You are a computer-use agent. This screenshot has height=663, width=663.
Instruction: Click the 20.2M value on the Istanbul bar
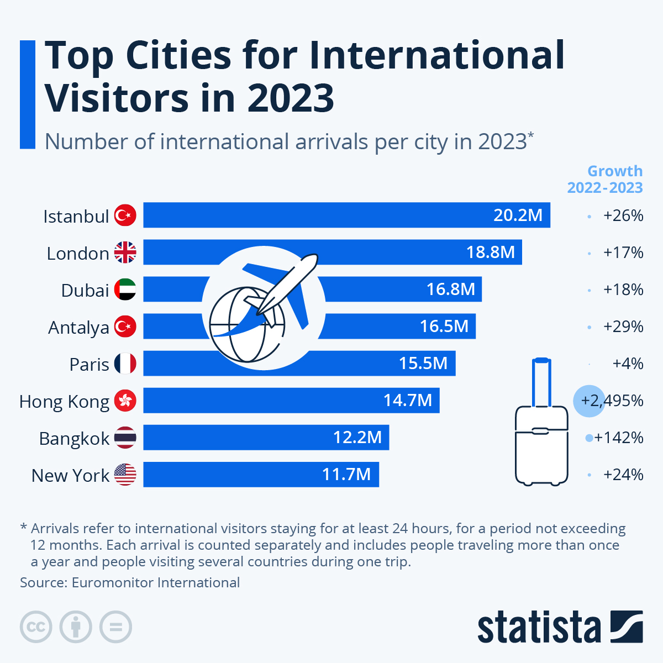tap(518, 215)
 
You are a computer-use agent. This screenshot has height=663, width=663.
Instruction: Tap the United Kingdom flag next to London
tap(125, 252)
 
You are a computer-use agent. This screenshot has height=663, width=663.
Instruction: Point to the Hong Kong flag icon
tap(125, 401)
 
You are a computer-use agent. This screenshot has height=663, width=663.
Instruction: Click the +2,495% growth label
tap(612, 401)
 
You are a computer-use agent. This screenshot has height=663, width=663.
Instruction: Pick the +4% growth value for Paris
tap(628, 364)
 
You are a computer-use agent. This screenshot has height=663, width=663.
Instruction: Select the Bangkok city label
tap(74, 438)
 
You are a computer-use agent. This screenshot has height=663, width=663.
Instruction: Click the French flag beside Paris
tap(125, 364)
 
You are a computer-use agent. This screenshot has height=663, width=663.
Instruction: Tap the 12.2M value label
tap(357, 438)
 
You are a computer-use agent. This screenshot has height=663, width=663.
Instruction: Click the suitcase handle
tap(541, 381)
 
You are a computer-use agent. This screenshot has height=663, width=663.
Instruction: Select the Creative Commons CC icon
tap(36, 627)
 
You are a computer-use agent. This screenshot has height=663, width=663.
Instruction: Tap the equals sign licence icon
tap(116, 627)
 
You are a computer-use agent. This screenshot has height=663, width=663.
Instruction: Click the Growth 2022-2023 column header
tap(606, 180)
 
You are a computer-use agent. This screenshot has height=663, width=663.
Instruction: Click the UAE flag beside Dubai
tap(125, 290)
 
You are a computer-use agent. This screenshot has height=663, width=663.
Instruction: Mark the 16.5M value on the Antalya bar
tap(444, 327)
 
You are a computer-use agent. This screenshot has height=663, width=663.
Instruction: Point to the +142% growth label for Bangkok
tap(619, 438)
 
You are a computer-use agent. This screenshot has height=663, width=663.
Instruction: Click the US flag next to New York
tap(125, 475)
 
